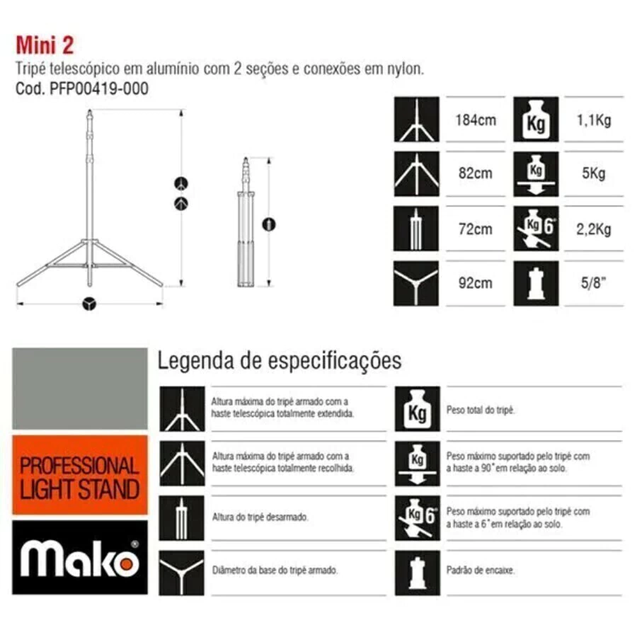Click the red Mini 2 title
tap(45, 45)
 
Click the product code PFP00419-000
tap(98, 88)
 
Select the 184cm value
tap(476, 120)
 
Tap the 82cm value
tap(476, 173)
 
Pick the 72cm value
tap(476, 229)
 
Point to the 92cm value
tap(476, 283)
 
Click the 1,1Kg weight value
tap(594, 120)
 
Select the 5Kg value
tap(594, 173)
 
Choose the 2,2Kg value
tap(594, 229)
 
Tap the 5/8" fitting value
tap(594, 282)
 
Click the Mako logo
tap(80, 558)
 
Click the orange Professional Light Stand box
tap(80, 476)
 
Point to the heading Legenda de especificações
tap(280, 361)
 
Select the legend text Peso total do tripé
tap(481, 411)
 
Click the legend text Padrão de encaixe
tap(481, 570)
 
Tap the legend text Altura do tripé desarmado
tap(260, 517)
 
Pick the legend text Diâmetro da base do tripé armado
tap(275, 570)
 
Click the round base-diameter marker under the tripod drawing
tap(89, 304)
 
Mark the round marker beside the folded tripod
tap(269, 224)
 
